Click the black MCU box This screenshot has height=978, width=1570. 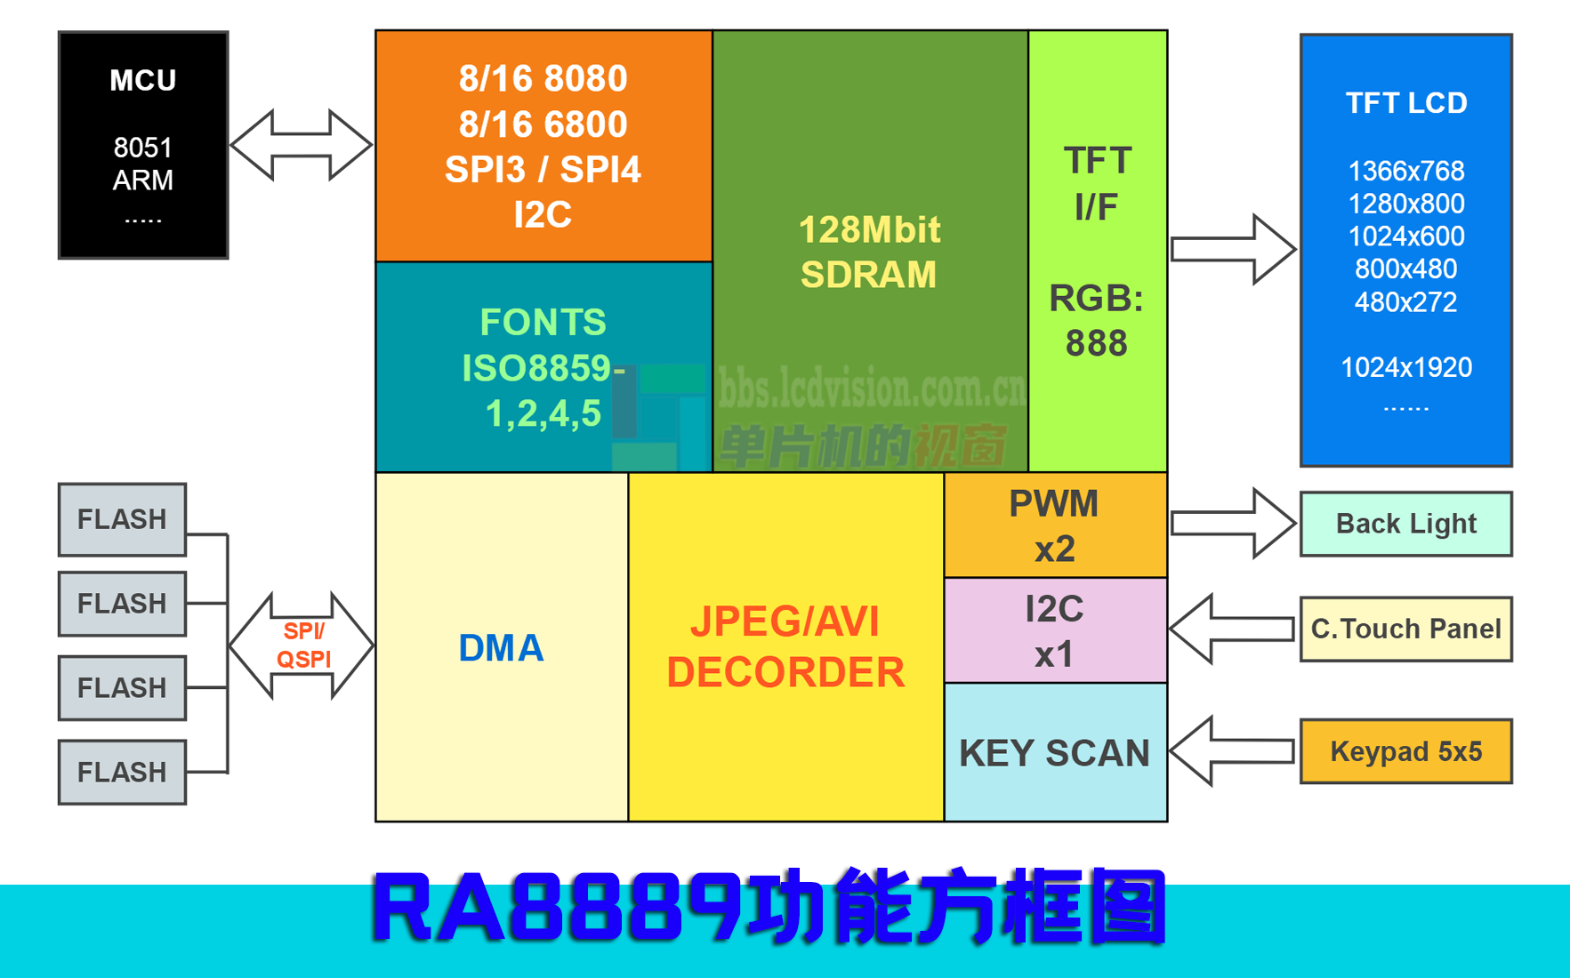[x=143, y=145]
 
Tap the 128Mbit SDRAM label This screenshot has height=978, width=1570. [x=869, y=253]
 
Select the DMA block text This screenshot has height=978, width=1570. [x=501, y=648]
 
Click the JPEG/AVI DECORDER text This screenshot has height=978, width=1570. [x=785, y=646]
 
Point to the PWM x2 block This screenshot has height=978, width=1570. [x=1055, y=525]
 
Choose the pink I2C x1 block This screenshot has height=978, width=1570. [x=1055, y=631]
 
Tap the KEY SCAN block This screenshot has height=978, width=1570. [x=1055, y=753]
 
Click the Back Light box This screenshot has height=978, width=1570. [x=1405, y=524]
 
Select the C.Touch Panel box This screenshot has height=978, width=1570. [x=1405, y=629]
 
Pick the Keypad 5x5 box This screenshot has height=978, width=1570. [x=1405, y=751]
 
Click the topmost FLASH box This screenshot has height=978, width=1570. [x=122, y=519]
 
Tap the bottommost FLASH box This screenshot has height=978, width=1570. [x=122, y=772]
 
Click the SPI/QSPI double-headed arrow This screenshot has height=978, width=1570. [x=302, y=645]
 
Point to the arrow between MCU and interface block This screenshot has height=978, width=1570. [x=302, y=145]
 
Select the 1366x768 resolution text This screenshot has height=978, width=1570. [x=1405, y=171]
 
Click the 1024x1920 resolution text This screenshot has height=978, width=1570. [x=1405, y=367]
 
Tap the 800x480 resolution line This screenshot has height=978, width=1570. [x=1405, y=269]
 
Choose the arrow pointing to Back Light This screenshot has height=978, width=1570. [x=1232, y=524]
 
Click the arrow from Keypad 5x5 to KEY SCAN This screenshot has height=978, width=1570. [x=1232, y=751]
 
